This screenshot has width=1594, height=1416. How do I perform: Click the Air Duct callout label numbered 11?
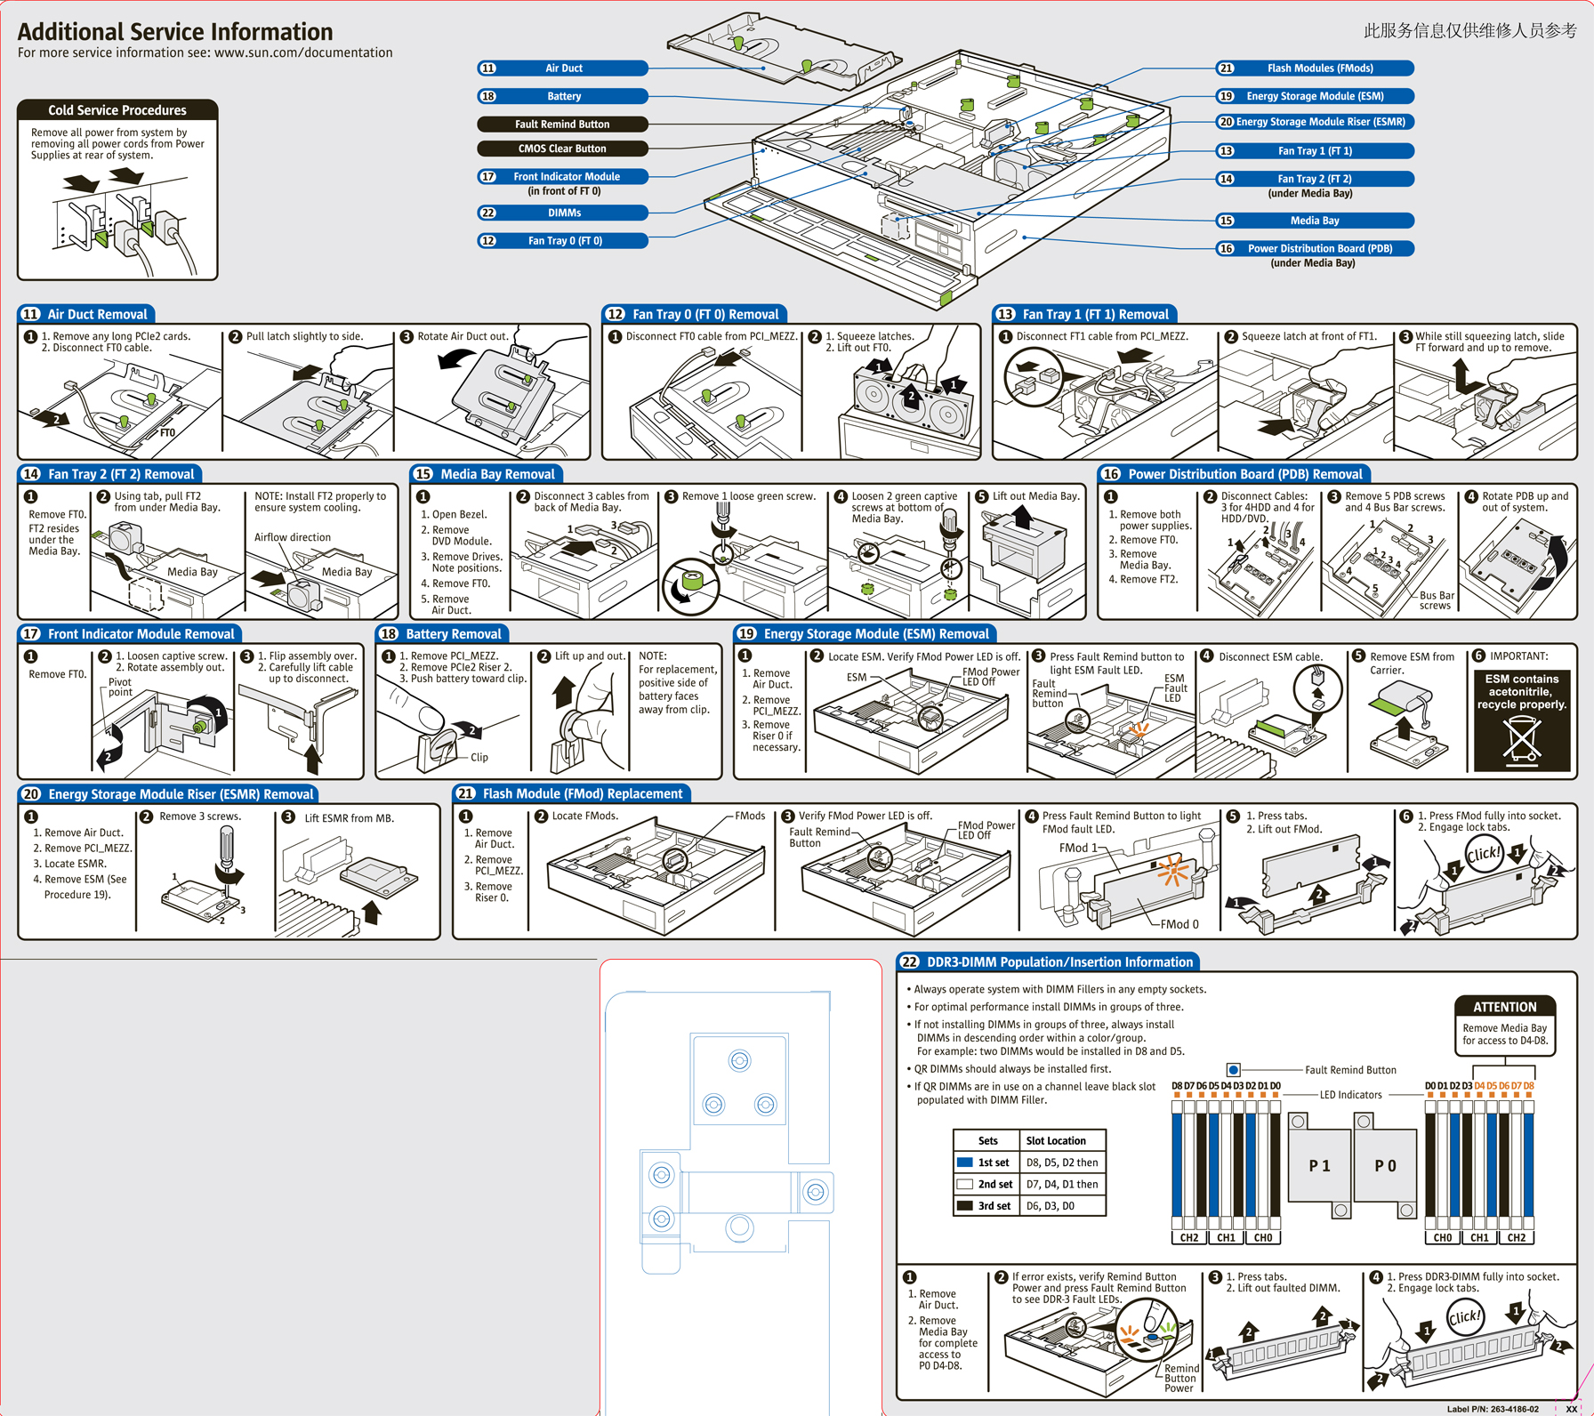[563, 68]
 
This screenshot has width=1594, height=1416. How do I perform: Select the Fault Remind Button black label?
[562, 125]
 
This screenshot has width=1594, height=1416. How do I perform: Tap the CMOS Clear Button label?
[562, 149]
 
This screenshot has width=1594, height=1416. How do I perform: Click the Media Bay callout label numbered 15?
[1315, 221]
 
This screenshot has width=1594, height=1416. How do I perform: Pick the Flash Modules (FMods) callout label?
[1315, 68]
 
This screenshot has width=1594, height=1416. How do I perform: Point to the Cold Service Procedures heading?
[117, 110]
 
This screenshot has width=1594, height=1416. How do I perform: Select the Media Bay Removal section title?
[486, 474]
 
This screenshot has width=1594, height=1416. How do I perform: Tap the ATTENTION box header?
[1505, 1007]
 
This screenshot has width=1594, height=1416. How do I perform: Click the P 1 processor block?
[1319, 1165]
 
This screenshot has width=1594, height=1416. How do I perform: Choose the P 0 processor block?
[1385, 1165]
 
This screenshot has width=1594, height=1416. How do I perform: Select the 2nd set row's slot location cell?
[1062, 1185]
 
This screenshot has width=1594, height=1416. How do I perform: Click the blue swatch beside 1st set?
[964, 1163]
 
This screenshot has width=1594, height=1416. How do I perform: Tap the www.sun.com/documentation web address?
[303, 53]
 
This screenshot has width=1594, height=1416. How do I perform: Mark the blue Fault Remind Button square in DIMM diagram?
[1233, 1070]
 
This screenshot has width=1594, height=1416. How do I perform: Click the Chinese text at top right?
[1470, 31]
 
